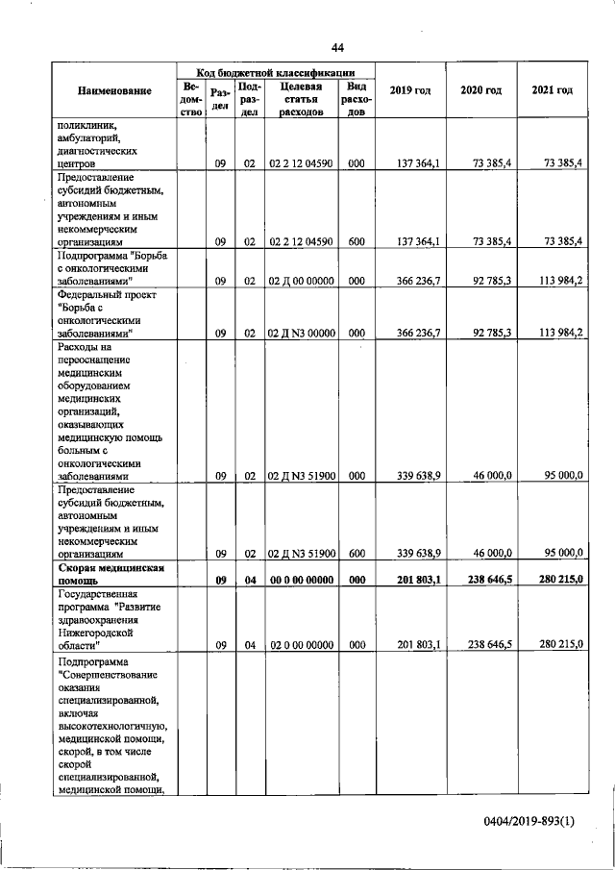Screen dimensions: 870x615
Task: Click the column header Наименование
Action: click(115, 90)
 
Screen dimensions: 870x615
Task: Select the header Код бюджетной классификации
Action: click(276, 72)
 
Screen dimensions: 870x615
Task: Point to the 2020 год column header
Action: click(480, 90)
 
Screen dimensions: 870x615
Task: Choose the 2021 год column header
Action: click(552, 90)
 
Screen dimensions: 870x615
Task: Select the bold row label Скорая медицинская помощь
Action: click(115, 574)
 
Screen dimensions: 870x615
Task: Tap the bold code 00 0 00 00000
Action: click(300, 580)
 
